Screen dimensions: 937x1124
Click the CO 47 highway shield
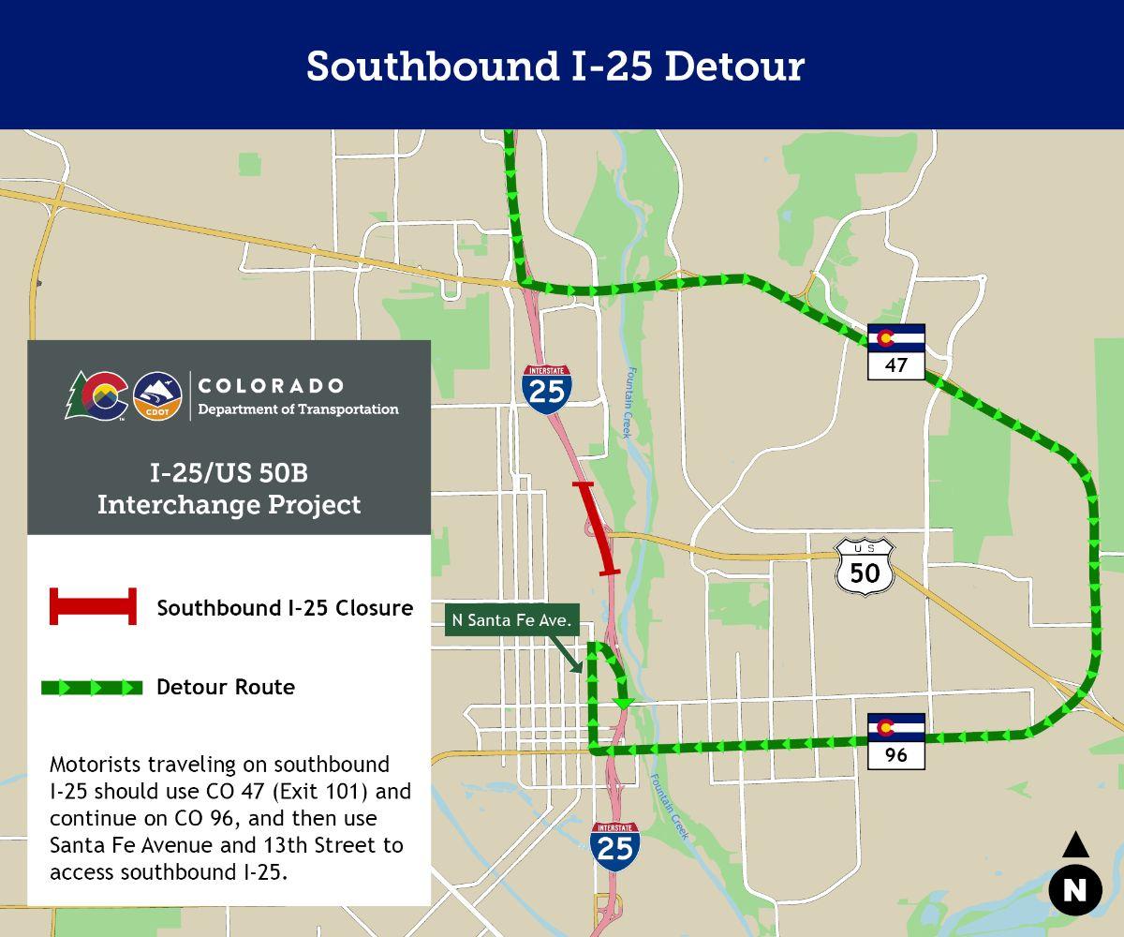(896, 351)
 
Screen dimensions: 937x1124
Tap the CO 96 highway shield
(896, 741)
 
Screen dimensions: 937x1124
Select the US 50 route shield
(865, 567)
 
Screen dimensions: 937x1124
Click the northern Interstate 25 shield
(547, 388)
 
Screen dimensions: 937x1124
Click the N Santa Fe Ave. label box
(510, 620)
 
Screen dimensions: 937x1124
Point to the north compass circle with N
(1074, 887)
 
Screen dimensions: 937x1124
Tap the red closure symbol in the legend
(93, 607)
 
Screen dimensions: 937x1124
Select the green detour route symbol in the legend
(92, 688)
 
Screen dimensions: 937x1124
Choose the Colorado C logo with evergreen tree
(97, 396)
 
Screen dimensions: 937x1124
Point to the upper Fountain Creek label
(628, 402)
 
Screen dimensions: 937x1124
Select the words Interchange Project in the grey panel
(229, 504)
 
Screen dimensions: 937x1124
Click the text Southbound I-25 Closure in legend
(285, 608)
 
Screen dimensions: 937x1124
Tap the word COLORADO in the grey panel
(271, 386)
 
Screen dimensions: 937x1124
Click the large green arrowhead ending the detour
(623, 703)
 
